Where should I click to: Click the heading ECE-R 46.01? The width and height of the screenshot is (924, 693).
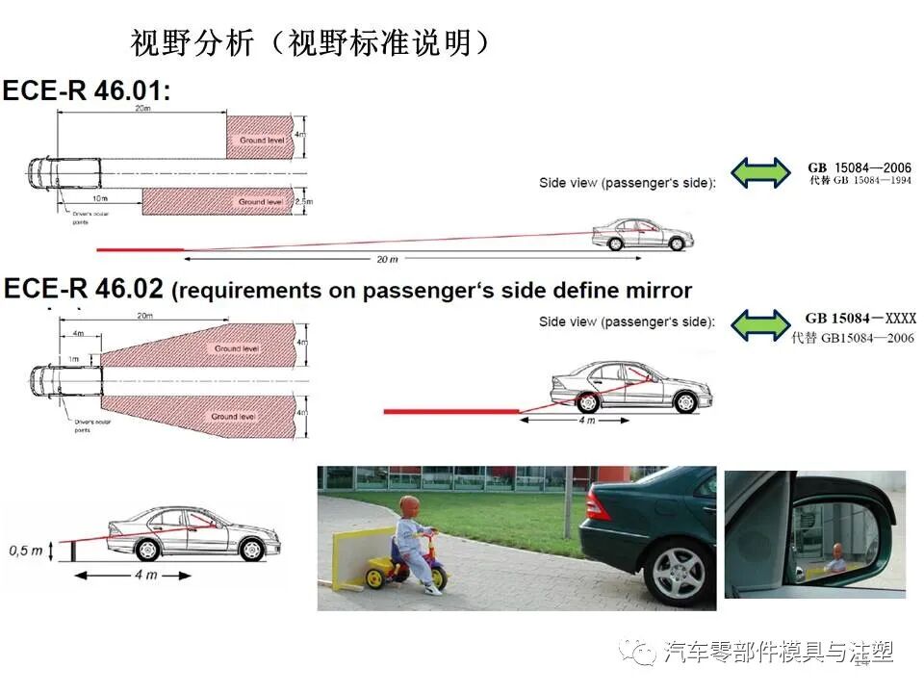87,90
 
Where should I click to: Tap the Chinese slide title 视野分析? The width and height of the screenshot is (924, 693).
192,42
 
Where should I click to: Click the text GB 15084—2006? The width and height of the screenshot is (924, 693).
859,167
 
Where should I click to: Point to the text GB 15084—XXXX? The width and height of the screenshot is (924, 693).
860,319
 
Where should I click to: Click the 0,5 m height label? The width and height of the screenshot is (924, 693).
26,552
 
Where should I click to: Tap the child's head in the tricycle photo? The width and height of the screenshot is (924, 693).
411,510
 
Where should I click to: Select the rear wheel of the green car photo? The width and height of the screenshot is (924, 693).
679,574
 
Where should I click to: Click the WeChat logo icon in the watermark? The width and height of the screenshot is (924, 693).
638,654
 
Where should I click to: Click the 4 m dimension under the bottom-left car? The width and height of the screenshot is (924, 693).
145,576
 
